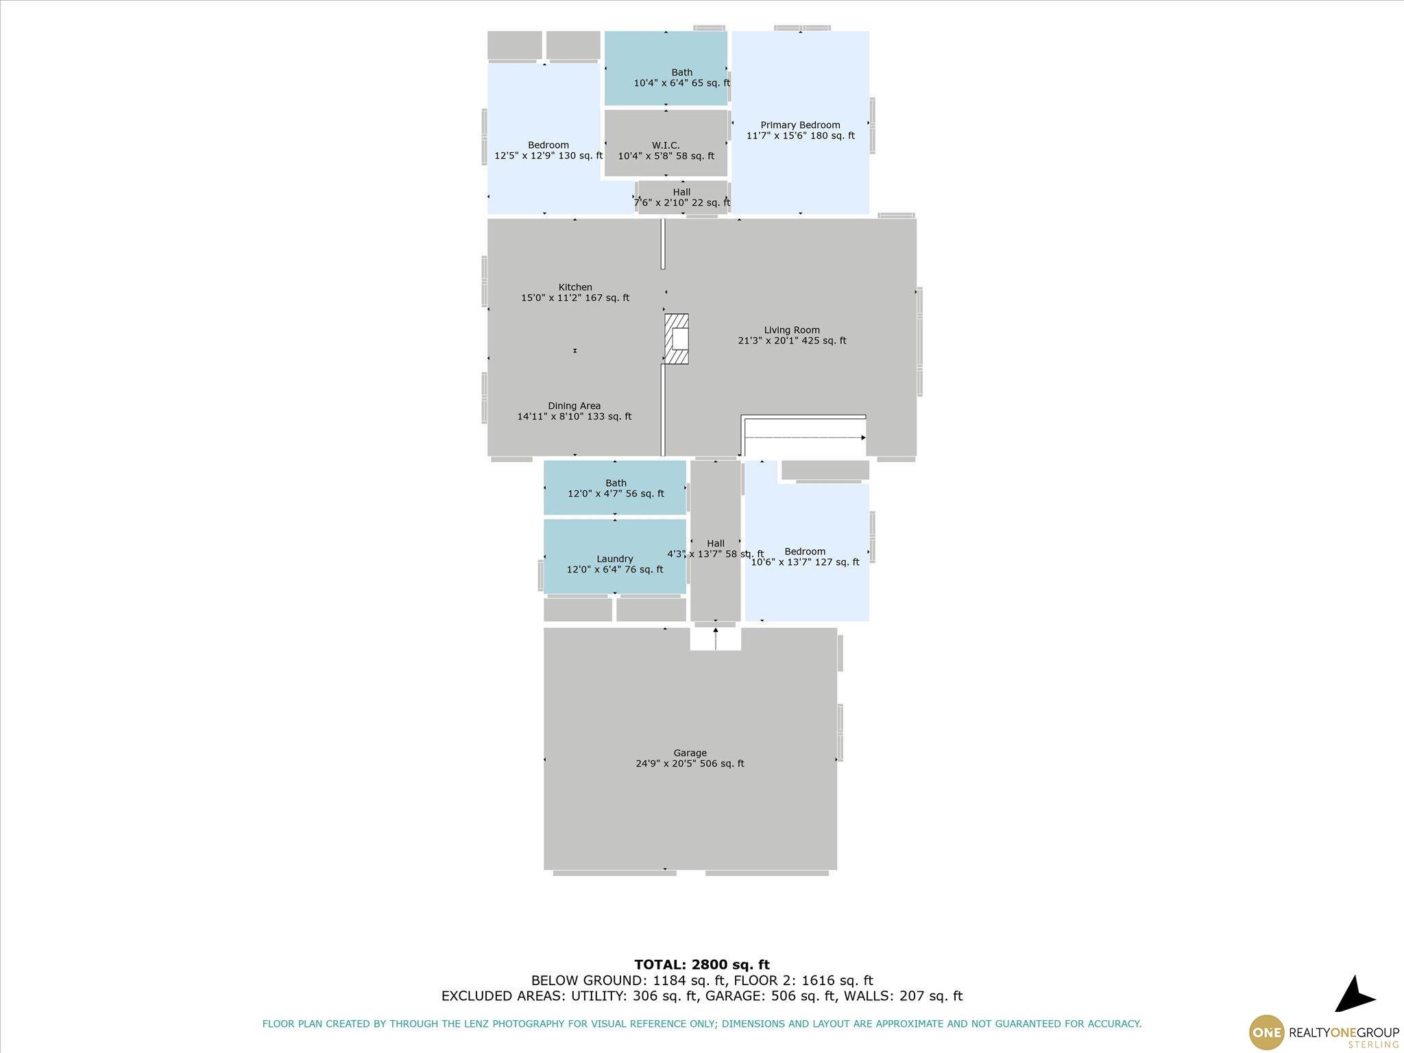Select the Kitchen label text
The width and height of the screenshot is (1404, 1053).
pyautogui.click(x=575, y=287)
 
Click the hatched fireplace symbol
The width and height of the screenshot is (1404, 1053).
pyautogui.click(x=677, y=339)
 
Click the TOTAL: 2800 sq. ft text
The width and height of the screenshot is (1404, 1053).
pyautogui.click(x=702, y=965)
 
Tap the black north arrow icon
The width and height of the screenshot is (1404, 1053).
pyautogui.click(x=1353, y=995)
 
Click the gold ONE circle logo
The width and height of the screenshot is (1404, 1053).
pyautogui.click(x=1267, y=1032)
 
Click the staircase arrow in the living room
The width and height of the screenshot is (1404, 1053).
pyautogui.click(x=806, y=437)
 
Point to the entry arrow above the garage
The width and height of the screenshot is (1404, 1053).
pyautogui.click(x=716, y=638)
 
